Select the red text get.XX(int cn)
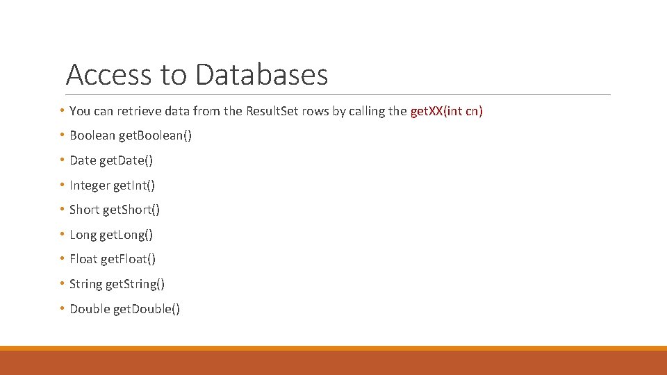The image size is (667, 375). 446,111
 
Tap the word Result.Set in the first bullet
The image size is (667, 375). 272,111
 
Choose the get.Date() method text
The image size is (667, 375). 126,160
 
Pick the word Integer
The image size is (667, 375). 90,185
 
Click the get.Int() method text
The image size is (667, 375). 134,185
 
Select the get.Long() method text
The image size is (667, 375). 126,235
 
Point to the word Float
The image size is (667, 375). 83,259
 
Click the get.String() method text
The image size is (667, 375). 135,284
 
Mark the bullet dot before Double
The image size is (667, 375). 63,308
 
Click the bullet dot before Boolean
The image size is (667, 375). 63,135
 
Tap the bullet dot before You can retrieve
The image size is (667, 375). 63,110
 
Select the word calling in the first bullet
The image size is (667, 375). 368,111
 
